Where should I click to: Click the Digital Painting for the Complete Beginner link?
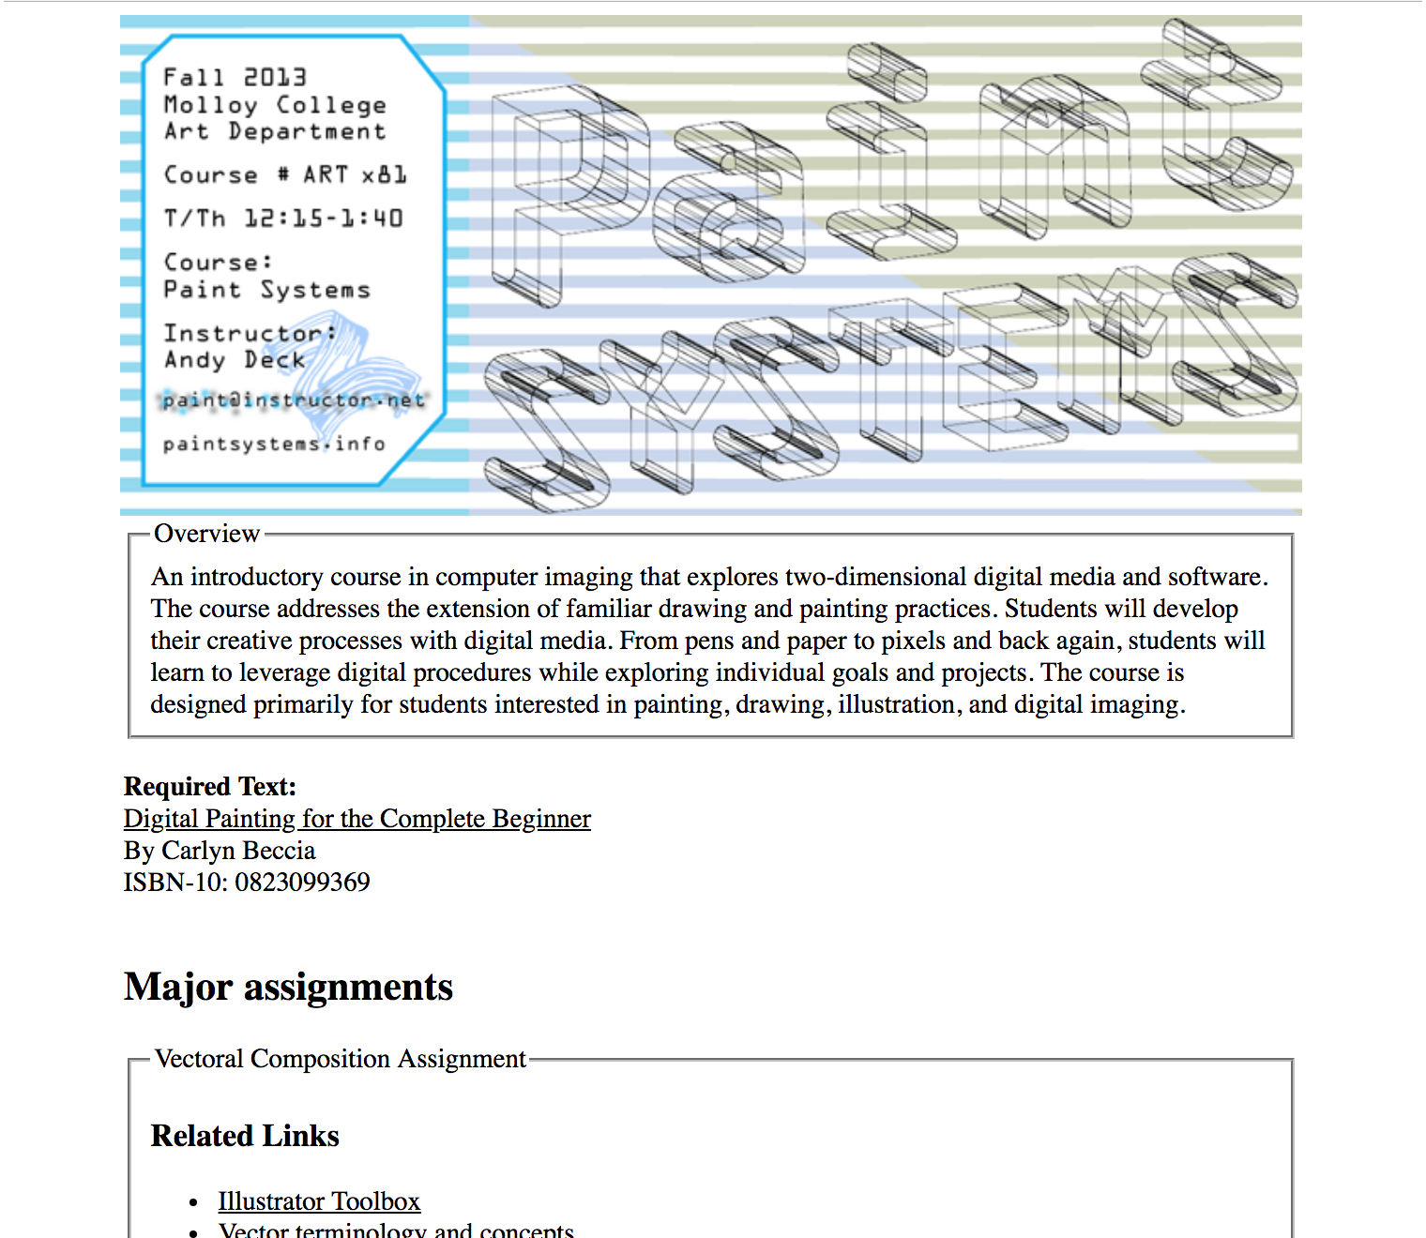click(x=356, y=819)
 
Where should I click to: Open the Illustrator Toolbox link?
click(x=319, y=1201)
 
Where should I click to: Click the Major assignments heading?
click(x=288, y=987)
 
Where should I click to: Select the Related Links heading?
click(x=245, y=1136)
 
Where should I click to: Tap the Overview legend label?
click(x=206, y=534)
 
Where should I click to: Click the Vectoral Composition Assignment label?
click(x=340, y=1059)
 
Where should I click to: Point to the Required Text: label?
click(x=210, y=786)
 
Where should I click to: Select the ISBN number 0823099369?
click(x=302, y=883)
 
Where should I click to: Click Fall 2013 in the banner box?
click(x=235, y=77)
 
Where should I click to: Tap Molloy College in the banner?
click(x=274, y=104)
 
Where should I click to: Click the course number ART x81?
click(x=355, y=174)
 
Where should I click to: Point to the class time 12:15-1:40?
click(x=324, y=218)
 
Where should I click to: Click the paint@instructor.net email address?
click(x=294, y=400)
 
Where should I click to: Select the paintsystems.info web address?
click(x=274, y=444)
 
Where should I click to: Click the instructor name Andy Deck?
click(x=235, y=360)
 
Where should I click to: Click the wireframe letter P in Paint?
click(x=563, y=188)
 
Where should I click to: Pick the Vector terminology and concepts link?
click(x=396, y=1230)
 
